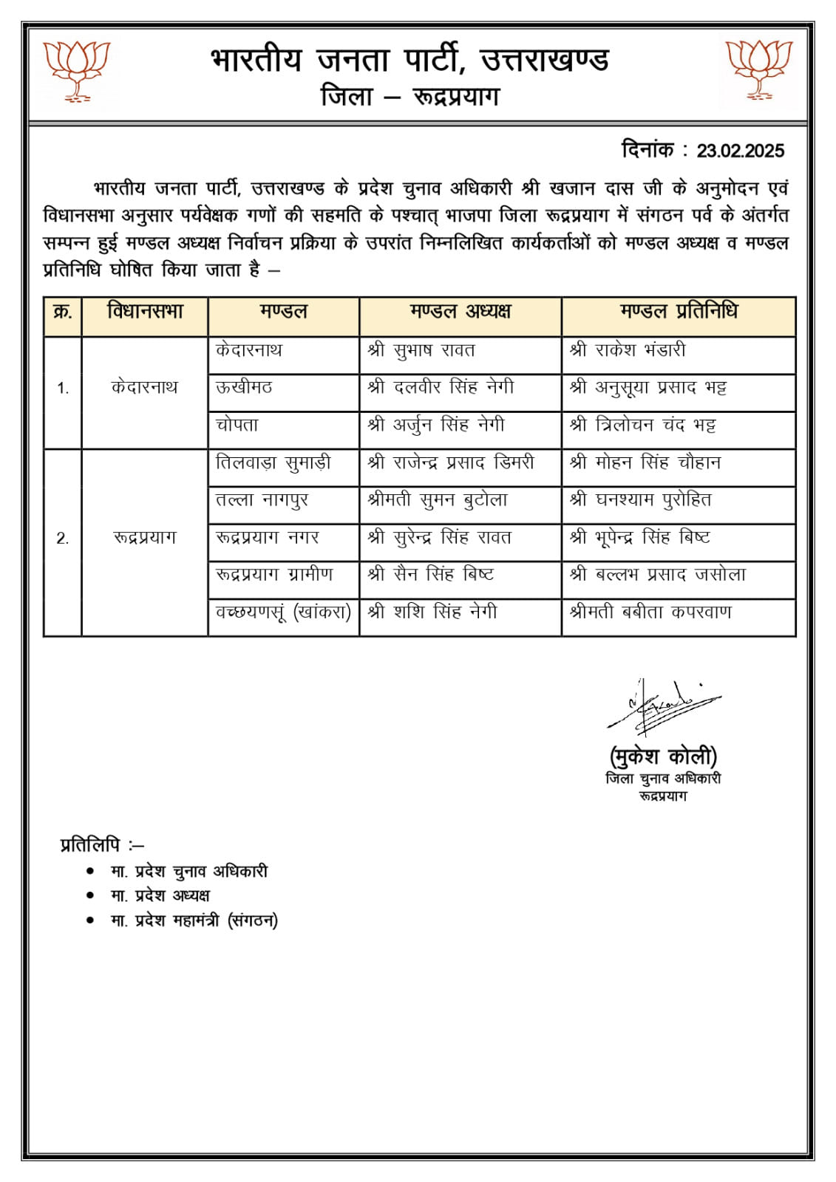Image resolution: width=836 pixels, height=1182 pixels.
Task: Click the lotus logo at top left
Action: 76,70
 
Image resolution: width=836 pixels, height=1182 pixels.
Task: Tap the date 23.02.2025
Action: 740,151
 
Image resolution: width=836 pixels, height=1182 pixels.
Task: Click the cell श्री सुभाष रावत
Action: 421,350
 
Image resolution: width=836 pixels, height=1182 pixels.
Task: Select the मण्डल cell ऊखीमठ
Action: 244,387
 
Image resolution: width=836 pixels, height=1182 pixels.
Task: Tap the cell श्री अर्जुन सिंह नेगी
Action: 436,425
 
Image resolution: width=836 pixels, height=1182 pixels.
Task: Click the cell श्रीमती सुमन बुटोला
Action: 438,500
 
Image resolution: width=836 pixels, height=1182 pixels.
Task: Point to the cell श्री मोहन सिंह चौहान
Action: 645,463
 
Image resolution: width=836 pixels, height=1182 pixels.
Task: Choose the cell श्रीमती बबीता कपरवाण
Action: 650,612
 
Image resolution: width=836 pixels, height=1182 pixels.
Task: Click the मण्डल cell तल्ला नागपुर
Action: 262,500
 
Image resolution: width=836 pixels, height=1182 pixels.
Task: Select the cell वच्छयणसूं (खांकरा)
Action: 283,612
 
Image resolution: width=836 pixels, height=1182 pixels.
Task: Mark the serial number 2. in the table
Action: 63,539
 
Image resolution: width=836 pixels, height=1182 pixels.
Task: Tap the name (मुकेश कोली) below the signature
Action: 663,756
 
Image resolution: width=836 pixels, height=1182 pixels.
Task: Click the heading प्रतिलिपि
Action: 101,844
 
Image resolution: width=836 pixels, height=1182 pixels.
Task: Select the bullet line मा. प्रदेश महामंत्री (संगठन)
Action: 194,920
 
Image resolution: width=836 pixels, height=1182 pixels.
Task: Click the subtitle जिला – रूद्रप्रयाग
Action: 410,97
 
